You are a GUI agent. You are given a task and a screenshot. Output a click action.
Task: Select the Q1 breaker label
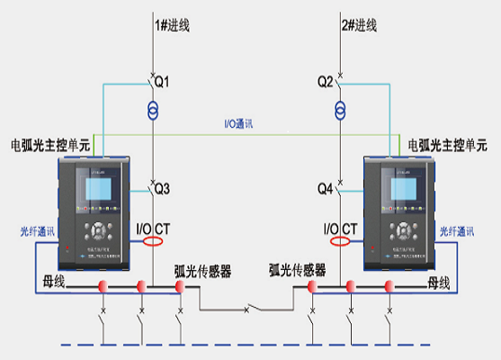point(163,82)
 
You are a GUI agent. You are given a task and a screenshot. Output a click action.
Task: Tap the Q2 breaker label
point(325,82)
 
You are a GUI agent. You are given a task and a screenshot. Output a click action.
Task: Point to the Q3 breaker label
point(162,189)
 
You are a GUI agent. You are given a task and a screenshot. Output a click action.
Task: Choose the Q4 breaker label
point(325,189)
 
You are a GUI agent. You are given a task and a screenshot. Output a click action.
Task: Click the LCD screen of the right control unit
point(402,189)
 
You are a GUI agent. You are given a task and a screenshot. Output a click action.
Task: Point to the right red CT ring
point(341,241)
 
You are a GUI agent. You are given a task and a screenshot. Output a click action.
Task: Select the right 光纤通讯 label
point(459,231)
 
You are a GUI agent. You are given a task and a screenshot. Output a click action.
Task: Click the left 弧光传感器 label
point(202,269)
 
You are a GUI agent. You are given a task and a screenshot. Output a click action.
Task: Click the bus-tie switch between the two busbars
point(246,309)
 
